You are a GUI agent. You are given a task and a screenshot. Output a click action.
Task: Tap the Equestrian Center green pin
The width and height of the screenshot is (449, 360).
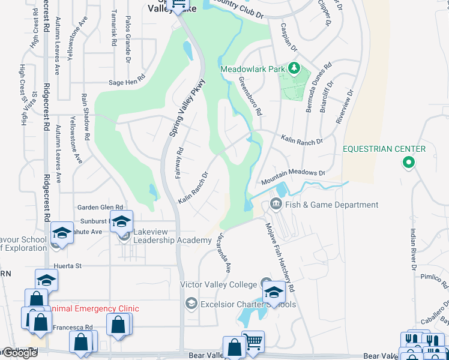coord(408,162)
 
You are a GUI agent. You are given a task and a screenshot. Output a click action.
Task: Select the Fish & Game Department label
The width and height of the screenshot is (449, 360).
coord(331,205)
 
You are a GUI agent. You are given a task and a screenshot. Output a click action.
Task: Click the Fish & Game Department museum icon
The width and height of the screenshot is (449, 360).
coord(276,205)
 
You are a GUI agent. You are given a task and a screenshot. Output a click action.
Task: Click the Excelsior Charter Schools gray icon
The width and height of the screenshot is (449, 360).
coord(191,304)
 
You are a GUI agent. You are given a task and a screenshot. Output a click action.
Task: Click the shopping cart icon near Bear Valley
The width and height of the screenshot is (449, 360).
coord(253,341)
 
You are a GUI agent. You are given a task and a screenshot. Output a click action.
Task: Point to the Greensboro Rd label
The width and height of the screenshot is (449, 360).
coord(250,95)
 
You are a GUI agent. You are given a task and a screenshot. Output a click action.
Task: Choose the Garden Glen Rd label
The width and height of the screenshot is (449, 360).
coord(100,207)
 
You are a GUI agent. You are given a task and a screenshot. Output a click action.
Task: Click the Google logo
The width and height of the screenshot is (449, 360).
coord(19,352)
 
